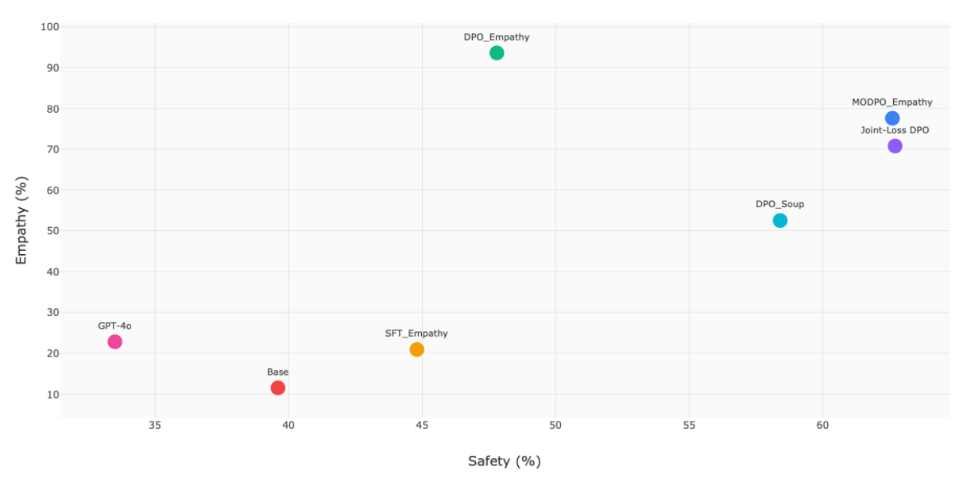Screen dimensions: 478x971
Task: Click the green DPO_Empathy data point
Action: click(497, 53)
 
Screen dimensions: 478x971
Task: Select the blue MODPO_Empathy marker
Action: click(892, 118)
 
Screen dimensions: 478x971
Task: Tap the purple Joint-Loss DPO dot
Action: click(895, 146)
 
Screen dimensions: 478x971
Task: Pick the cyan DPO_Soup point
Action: click(780, 221)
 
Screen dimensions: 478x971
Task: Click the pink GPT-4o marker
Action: click(114, 342)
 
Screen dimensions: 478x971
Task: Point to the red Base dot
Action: click(277, 388)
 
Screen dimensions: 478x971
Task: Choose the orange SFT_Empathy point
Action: click(416, 349)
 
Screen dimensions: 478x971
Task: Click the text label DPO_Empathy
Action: click(497, 37)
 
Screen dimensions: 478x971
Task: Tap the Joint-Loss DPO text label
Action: click(895, 130)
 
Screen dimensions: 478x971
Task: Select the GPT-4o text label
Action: click(114, 326)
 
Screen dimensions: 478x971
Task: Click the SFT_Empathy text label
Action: click(416, 333)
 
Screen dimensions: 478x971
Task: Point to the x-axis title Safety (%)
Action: click(504, 461)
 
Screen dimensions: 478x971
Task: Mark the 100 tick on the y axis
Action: click(49, 27)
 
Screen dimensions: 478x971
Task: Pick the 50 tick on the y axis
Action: click(52, 231)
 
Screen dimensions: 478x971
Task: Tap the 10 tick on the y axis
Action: click(52, 395)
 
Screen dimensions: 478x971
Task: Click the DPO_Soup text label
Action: click(780, 204)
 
